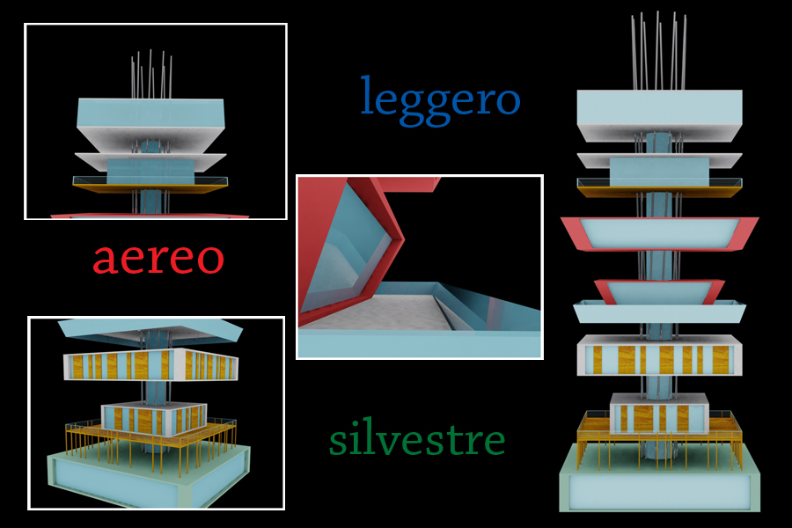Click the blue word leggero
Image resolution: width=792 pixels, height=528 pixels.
(440, 98)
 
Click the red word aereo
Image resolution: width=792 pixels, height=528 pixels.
(158, 258)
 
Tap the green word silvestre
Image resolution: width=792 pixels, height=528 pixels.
(417, 438)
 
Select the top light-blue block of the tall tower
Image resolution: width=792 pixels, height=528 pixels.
(658, 111)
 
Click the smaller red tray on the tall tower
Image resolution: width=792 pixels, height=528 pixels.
(659, 290)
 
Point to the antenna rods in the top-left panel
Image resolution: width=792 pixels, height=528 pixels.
(151, 74)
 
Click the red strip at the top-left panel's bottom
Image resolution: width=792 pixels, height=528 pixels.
(150, 215)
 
